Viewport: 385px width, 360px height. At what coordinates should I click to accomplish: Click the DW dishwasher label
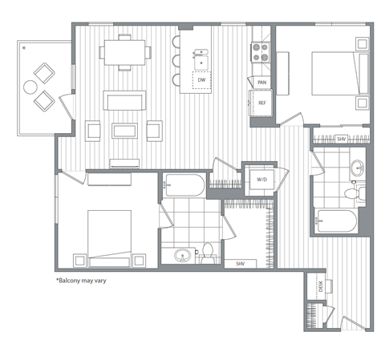201,81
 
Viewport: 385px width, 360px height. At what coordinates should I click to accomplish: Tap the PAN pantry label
261,83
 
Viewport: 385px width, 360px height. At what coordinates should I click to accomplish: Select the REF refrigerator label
261,103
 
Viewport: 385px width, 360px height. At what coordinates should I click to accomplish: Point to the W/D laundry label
261,180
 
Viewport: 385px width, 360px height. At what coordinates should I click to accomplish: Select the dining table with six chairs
126,54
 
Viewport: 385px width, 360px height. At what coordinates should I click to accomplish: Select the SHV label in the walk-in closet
241,264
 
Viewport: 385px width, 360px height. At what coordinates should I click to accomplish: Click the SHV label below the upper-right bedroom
341,139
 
